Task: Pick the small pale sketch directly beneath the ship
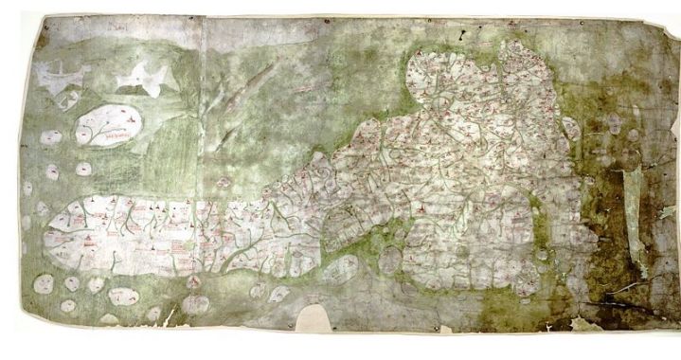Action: click(66, 99)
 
